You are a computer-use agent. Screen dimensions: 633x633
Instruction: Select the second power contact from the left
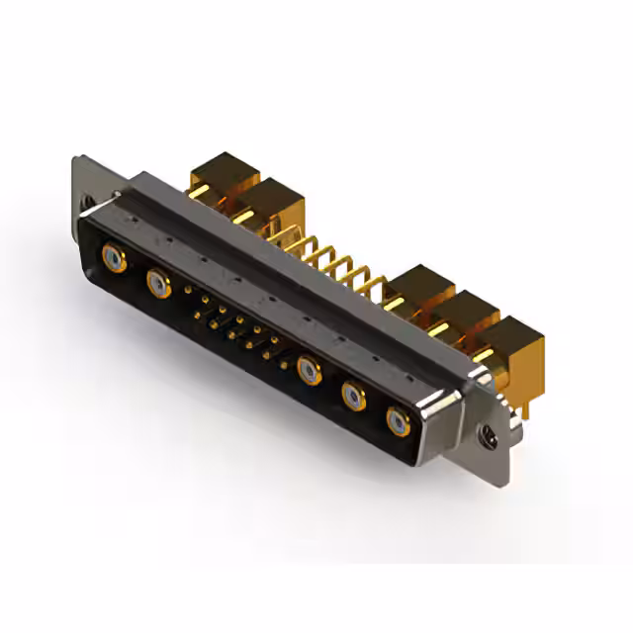point(157,284)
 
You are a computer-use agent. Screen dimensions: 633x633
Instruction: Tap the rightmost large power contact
point(398,422)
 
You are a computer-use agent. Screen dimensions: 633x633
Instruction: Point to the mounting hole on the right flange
point(485,431)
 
